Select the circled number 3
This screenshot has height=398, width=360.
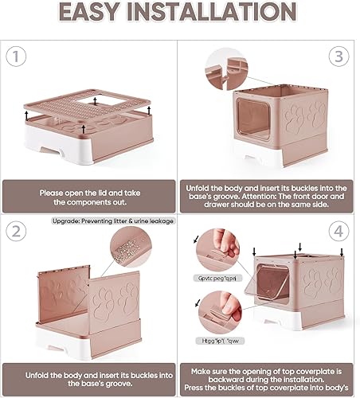339,58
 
